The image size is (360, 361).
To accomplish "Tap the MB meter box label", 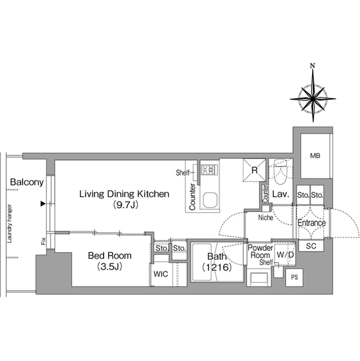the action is click(315, 156).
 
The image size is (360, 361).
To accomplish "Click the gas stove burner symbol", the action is click(209, 170).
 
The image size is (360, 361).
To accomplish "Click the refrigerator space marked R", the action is click(254, 170).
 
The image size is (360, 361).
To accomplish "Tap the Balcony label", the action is click(27, 182).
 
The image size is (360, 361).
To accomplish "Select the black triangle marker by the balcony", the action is click(43, 204).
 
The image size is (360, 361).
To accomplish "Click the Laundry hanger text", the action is click(10, 223).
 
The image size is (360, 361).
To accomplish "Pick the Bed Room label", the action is click(110, 256).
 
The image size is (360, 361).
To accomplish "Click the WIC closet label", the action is click(161, 274).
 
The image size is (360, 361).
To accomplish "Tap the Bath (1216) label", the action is click(217, 262).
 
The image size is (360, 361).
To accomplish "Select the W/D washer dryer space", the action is click(285, 254).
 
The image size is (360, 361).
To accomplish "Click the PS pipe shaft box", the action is click(294, 277).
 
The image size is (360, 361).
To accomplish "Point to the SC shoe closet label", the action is click(311, 246).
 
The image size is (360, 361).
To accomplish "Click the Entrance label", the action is click(312, 223).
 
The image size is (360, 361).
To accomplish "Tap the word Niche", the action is click(265, 217).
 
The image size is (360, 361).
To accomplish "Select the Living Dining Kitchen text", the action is click(124, 194).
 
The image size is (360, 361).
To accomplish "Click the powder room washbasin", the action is click(259, 278).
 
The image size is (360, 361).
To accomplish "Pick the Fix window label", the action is click(43, 241).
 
